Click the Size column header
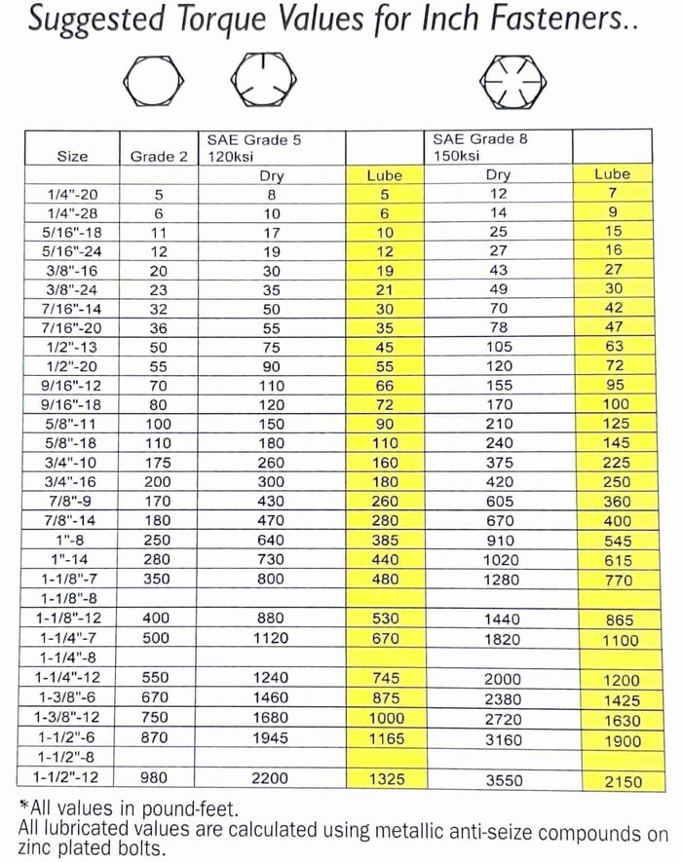[x=72, y=156]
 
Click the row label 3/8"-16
[x=72, y=271]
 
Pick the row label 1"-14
[x=72, y=559]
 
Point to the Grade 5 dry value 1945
[x=271, y=738]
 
